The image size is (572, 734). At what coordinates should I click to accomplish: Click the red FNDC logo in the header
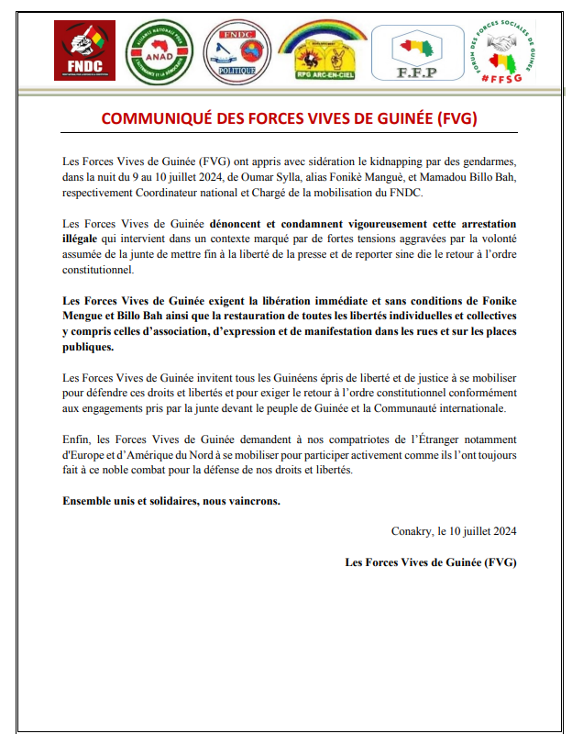tap(85, 52)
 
